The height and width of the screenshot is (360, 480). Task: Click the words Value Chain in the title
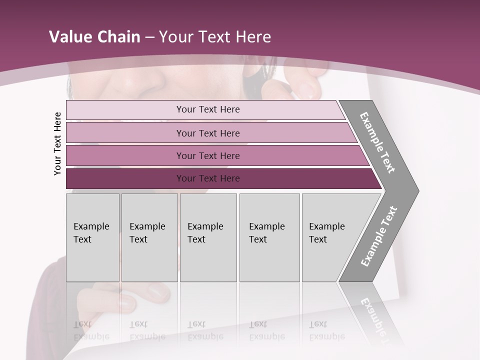[94, 37]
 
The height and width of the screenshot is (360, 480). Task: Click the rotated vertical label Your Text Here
[57, 143]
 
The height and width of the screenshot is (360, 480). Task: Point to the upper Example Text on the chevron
[377, 142]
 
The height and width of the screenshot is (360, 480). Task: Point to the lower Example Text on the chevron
[378, 236]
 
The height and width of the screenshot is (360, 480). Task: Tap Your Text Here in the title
[215, 37]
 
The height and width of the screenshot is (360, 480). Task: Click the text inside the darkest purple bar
[208, 178]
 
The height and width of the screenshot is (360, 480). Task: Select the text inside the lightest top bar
[208, 109]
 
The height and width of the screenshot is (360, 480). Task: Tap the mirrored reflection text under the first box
[91, 330]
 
